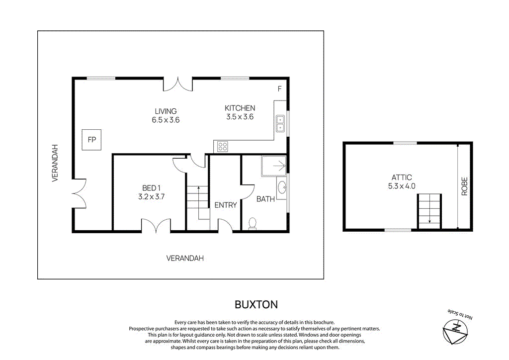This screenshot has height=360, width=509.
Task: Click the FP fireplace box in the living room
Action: point(92,140)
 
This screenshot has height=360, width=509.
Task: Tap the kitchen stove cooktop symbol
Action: point(223,146)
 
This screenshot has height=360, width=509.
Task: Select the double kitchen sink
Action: point(280,123)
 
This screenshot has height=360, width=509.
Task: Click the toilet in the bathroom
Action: point(252,223)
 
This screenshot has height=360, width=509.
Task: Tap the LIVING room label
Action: point(166,111)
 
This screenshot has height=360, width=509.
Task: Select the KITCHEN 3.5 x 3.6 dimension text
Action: point(240,117)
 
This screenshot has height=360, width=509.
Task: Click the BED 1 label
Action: point(152,188)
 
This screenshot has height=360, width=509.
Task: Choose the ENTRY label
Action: point(225,205)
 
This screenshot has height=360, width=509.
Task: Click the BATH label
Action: point(265,199)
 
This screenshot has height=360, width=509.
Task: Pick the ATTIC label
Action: point(402,178)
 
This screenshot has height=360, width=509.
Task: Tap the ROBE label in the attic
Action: point(465,186)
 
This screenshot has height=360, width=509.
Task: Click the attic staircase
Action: point(429,211)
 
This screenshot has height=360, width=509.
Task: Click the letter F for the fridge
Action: point(279,89)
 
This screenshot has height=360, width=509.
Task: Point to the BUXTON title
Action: point(256,304)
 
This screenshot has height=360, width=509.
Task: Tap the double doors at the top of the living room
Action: point(178,84)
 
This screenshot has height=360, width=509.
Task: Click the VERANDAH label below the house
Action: point(185,258)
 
